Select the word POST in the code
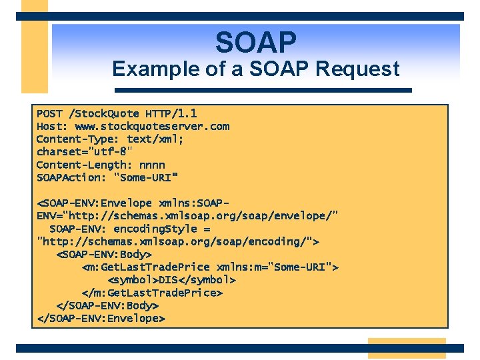[x=49, y=113]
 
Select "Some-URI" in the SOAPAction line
[x=146, y=177]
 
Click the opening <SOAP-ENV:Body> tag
[x=104, y=254]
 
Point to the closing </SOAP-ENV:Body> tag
[x=107, y=305]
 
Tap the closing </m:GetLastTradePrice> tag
[x=151, y=293]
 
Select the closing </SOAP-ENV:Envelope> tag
[x=101, y=318]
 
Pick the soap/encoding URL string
[x=178, y=241]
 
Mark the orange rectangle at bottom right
[x=406, y=348]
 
